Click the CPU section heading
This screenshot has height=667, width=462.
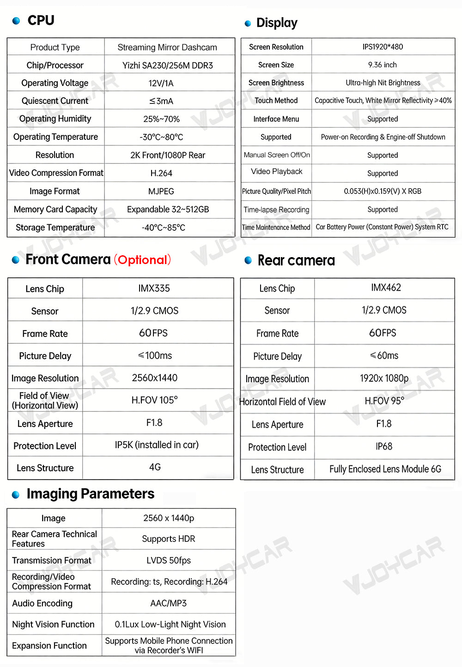pyautogui.click(x=41, y=20)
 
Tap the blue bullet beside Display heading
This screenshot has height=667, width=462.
pyautogui.click(x=248, y=24)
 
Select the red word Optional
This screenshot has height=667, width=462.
pyautogui.click(x=142, y=260)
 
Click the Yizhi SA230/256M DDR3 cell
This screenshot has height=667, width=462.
pyautogui.click(x=167, y=65)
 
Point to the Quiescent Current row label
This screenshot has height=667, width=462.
pyautogui.click(x=55, y=101)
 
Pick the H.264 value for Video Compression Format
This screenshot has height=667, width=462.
pyautogui.click(x=161, y=173)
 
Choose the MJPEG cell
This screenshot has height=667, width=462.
pyautogui.click(x=161, y=191)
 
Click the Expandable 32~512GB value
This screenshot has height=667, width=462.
pyautogui.click(x=168, y=209)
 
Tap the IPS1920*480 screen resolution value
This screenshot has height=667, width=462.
pyautogui.click(x=383, y=47)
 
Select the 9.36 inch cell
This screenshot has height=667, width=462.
pyautogui.click(x=383, y=65)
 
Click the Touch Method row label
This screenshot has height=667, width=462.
pyautogui.click(x=276, y=100)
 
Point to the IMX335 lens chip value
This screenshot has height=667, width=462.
pyautogui.click(x=154, y=288)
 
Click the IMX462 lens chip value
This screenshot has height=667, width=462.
pyautogui.click(x=386, y=288)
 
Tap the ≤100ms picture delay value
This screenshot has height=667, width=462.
pyautogui.click(x=155, y=355)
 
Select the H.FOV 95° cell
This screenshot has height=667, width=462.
pyautogui.click(x=384, y=401)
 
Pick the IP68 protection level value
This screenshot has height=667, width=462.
pyautogui.click(x=384, y=446)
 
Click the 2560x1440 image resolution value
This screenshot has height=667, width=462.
pyautogui.click(x=155, y=378)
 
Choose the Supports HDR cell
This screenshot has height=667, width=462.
pyautogui.click(x=169, y=539)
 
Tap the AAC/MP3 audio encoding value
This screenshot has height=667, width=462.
pyautogui.click(x=169, y=603)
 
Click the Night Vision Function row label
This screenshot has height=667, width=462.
pyautogui.click(x=53, y=624)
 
